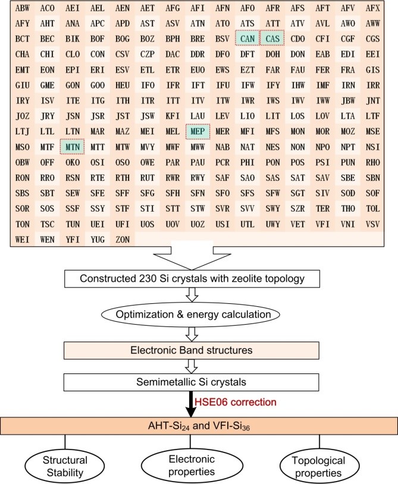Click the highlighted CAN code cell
[x=247, y=39]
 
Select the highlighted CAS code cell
[x=272, y=39]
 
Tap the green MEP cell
[x=198, y=130]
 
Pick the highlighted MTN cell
[x=73, y=146]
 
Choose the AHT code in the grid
[x=48, y=24]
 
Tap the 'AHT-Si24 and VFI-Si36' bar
[x=198, y=426]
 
